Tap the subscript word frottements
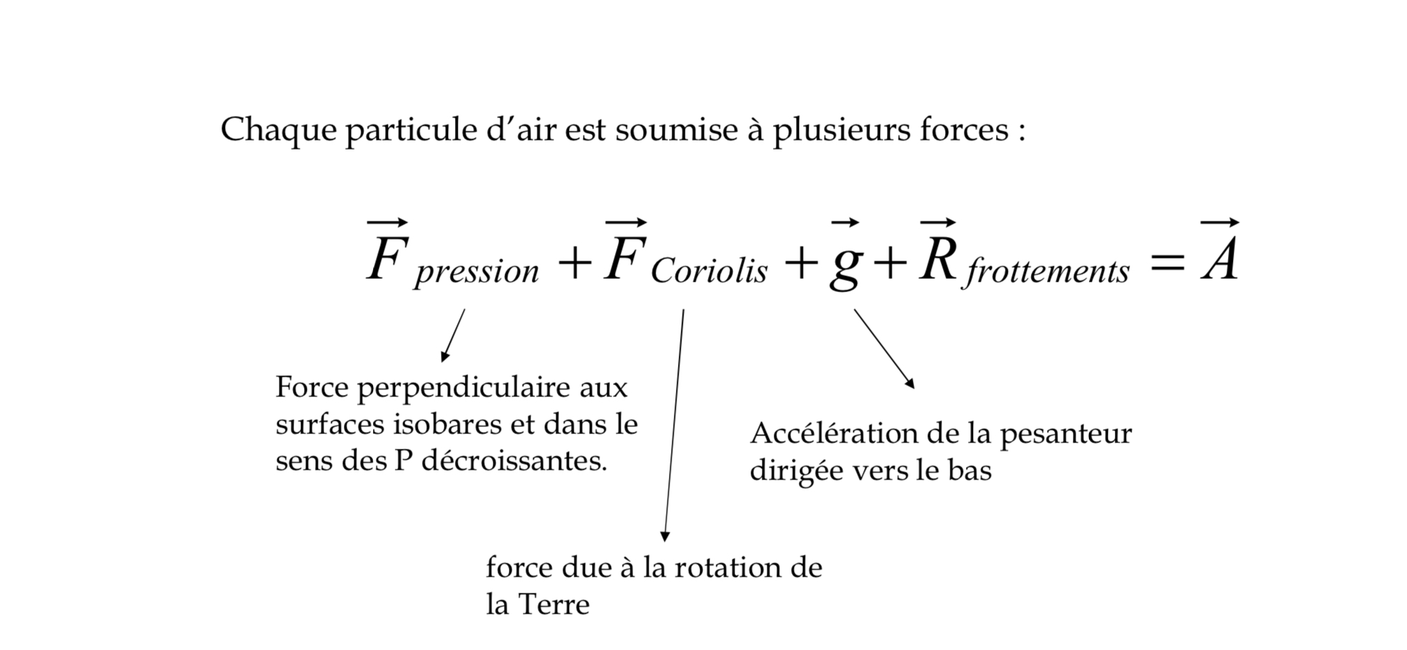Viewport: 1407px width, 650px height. (x=1046, y=270)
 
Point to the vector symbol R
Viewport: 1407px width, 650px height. (x=938, y=251)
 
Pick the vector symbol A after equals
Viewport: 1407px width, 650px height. (x=1220, y=251)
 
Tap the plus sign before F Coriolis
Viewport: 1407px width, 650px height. (x=575, y=263)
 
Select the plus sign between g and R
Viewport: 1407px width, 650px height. (x=890, y=263)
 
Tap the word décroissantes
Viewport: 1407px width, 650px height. (x=514, y=461)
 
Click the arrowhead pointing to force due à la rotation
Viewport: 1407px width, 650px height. (x=665, y=536)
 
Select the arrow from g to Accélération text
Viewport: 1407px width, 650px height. (x=884, y=349)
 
